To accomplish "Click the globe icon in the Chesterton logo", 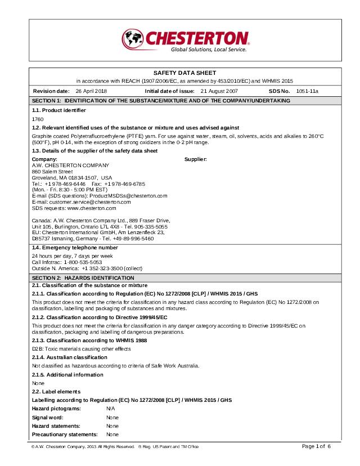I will tap(134, 39).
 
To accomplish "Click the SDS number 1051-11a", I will tap(308, 91).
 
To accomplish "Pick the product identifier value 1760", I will tap(38, 119).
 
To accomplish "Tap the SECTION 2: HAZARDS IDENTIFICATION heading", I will tap(89, 278).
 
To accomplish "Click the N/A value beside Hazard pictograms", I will tap(110, 408).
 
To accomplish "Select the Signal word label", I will tap(48, 418).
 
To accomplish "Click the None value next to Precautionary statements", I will tap(112, 434).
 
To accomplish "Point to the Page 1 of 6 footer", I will tap(317, 446).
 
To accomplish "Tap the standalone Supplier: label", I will tap(196, 159).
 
